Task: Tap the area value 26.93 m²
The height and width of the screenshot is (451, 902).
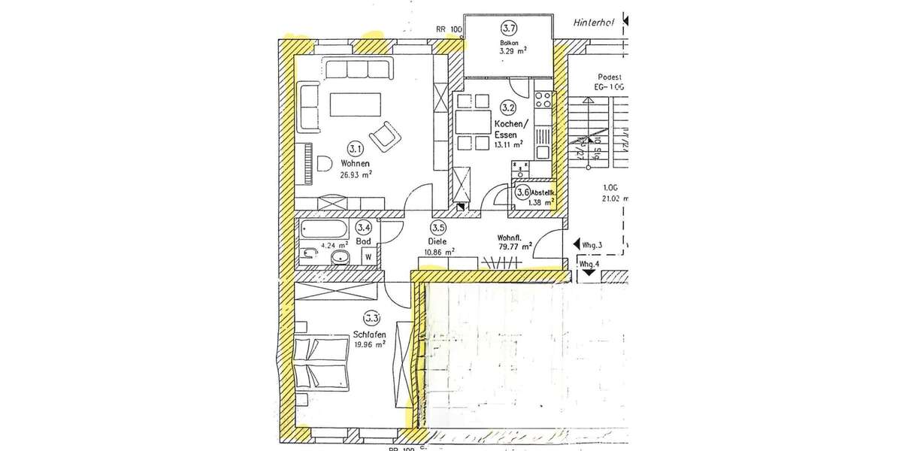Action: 356,174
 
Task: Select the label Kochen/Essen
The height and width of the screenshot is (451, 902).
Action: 511,129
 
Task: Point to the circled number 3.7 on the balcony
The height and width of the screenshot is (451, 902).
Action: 509,29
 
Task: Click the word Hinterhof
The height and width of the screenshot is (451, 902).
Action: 592,23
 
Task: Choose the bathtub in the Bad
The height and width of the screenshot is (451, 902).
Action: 323,229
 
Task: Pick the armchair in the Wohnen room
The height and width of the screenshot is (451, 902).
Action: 387,135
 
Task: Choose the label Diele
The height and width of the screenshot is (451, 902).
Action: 438,241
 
